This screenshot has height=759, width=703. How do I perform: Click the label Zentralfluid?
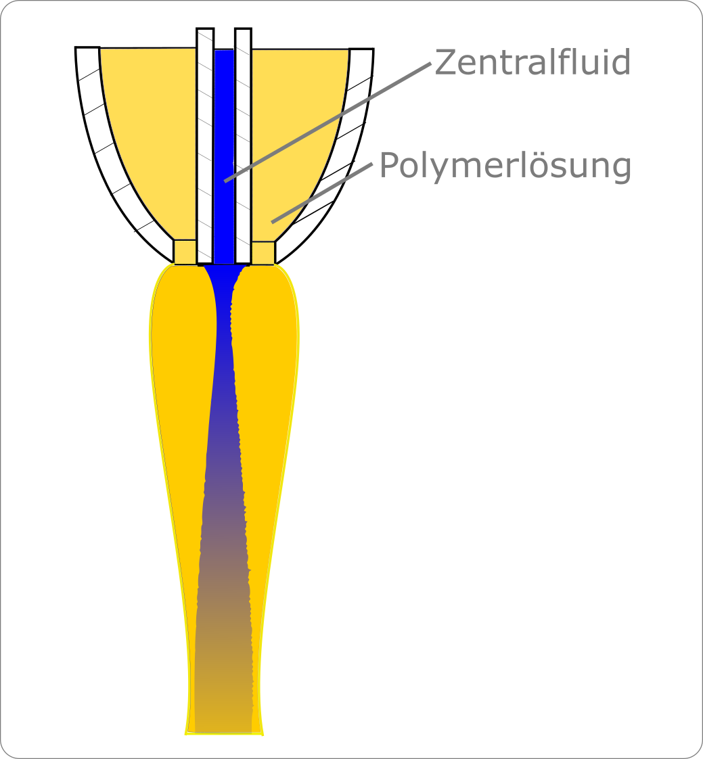click(x=532, y=62)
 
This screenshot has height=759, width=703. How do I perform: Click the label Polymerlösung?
click(x=505, y=166)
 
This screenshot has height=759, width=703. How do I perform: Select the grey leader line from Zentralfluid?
click(x=327, y=122)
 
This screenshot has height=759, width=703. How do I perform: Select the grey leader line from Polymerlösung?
click(x=322, y=193)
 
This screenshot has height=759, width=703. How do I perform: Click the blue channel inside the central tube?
click(x=224, y=156)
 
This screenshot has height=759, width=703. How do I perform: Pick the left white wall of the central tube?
click(x=205, y=145)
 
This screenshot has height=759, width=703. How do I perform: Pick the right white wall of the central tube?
click(x=243, y=145)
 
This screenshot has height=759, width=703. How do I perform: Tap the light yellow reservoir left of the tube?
click(x=152, y=141)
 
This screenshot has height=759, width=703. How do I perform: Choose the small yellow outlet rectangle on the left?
click(x=185, y=252)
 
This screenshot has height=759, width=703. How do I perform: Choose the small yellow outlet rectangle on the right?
click(x=263, y=253)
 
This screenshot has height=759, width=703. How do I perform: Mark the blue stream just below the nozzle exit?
click(x=224, y=290)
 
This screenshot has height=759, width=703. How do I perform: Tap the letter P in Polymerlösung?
click(x=389, y=164)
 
